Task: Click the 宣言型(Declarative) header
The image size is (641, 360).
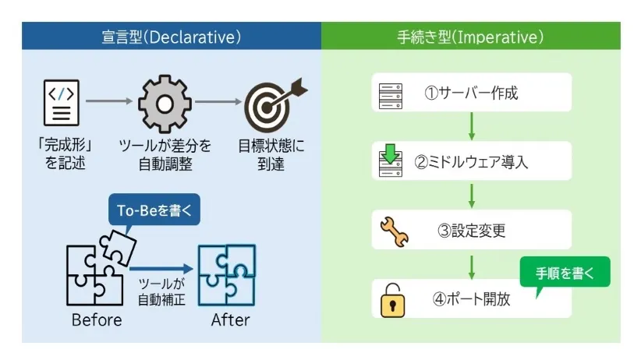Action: [171, 37]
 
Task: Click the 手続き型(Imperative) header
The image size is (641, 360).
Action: [470, 37]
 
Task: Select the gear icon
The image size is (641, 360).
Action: [164, 104]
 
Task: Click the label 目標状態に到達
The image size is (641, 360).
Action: [271, 154]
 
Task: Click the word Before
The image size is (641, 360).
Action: [97, 319]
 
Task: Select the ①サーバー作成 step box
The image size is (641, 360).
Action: [471, 93]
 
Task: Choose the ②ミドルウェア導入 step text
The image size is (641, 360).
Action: [471, 162]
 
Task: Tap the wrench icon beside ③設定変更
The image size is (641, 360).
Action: [394, 231]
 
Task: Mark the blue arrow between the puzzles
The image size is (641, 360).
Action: [160, 267]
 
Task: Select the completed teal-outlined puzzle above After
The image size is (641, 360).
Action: [227, 275]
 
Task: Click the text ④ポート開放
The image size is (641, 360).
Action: [471, 298]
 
